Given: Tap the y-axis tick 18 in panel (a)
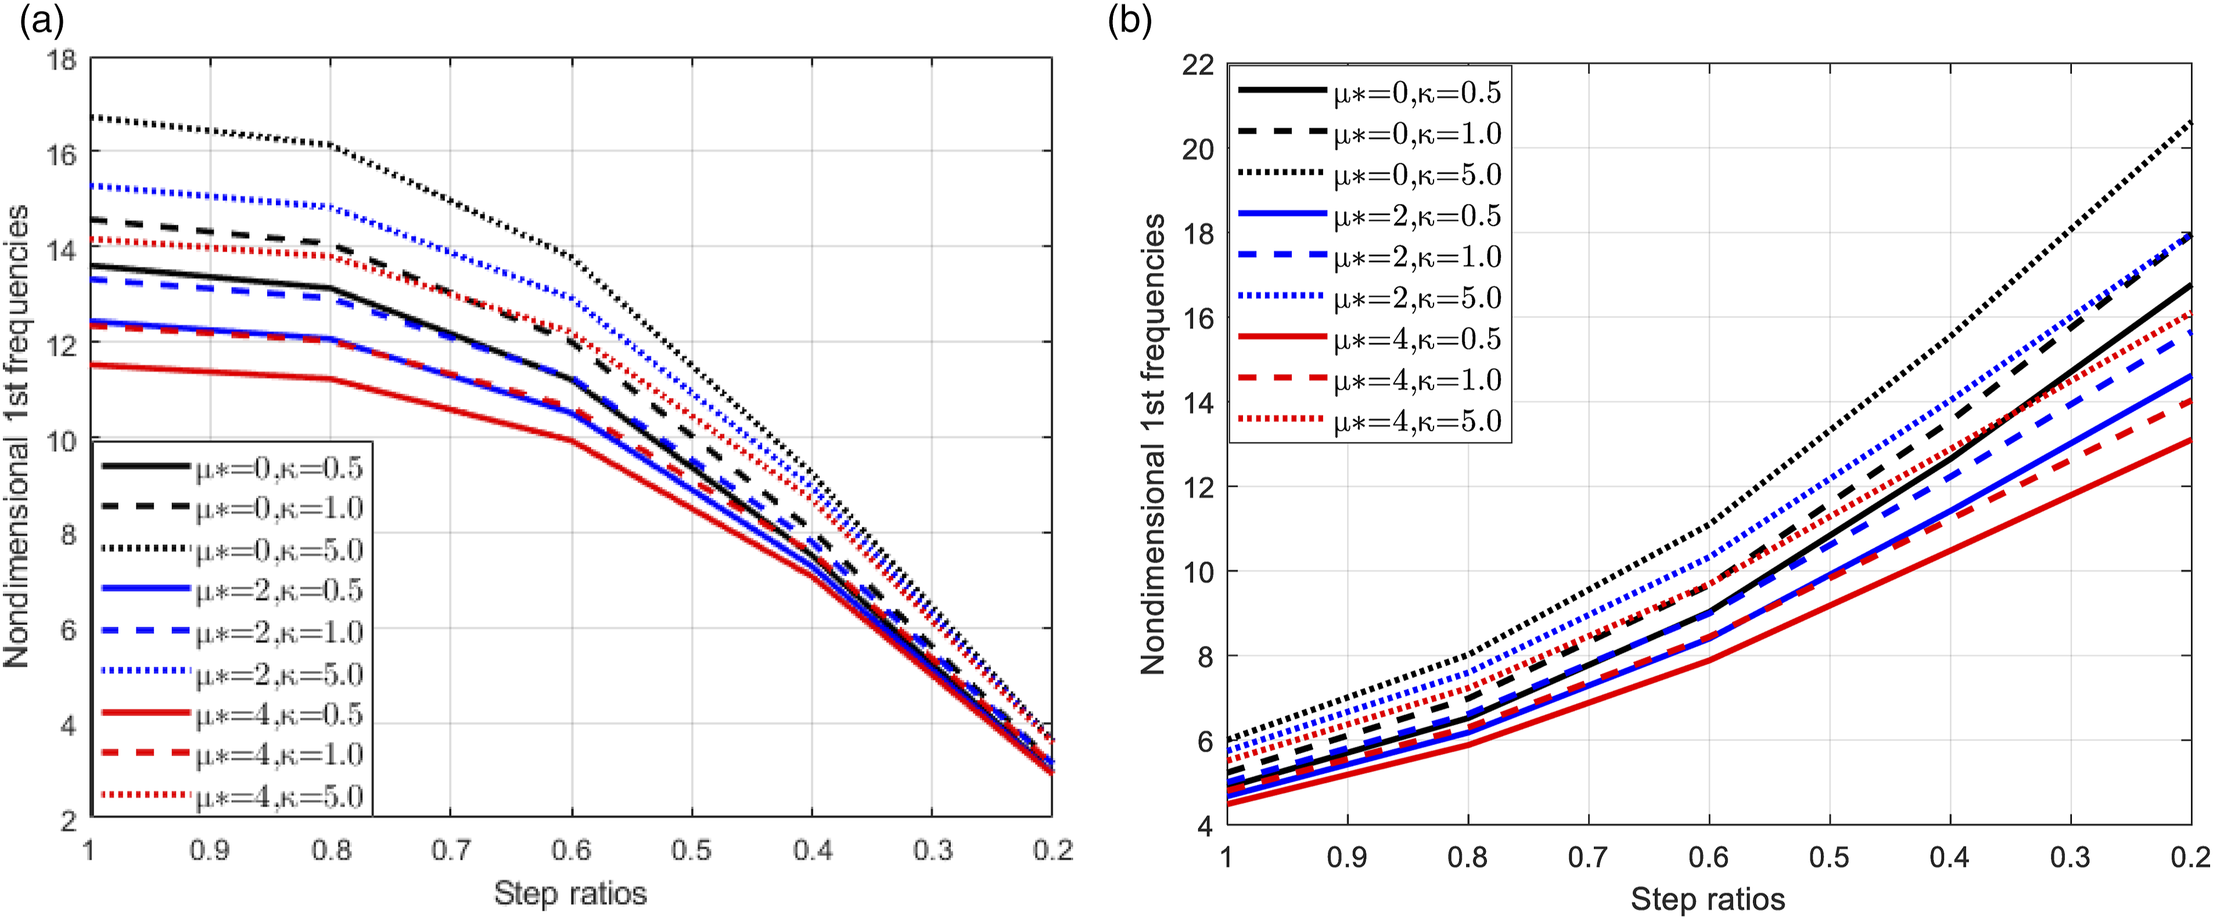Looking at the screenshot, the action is pyautogui.click(x=63, y=61).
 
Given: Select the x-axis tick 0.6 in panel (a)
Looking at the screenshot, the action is pyautogui.click(x=572, y=850).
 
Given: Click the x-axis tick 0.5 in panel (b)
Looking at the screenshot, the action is pyautogui.click(x=1830, y=857).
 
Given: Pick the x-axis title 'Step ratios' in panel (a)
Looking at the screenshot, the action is pyautogui.click(x=570, y=893).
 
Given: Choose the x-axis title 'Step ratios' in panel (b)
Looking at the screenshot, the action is pyautogui.click(x=1708, y=900).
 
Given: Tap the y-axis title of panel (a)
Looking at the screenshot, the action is pyautogui.click(x=16, y=436).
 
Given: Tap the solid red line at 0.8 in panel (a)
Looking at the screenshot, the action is pyautogui.click(x=330, y=379).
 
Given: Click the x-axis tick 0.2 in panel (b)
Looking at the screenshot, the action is pyautogui.click(x=2192, y=857).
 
